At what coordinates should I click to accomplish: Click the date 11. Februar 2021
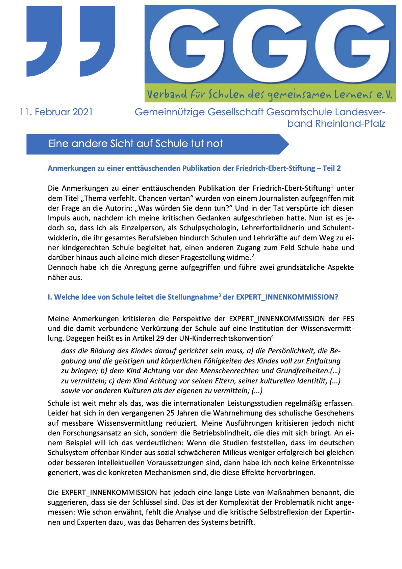(56, 112)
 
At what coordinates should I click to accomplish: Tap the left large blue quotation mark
(44, 37)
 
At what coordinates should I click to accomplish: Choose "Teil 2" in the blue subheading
(331, 168)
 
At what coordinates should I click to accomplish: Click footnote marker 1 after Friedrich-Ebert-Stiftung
(332, 186)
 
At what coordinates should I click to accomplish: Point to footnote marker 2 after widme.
(253, 255)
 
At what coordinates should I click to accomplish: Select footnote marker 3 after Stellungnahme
(220, 295)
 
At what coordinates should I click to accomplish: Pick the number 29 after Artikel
(160, 338)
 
